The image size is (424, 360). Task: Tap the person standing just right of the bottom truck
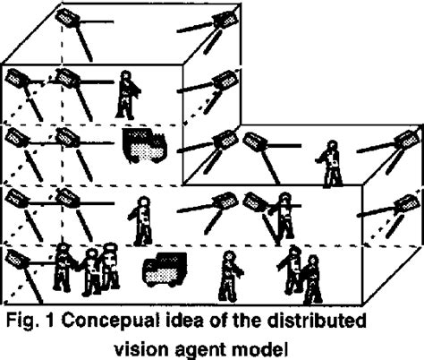coord(229,273)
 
